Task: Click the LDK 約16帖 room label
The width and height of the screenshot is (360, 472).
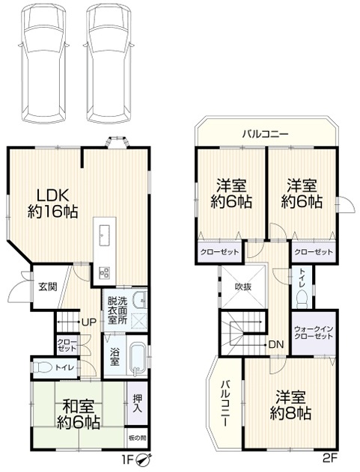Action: coord(52,203)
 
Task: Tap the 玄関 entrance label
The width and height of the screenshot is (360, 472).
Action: coord(48,286)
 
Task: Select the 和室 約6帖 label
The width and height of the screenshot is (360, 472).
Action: coord(79,414)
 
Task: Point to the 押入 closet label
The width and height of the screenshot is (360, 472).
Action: coord(138,404)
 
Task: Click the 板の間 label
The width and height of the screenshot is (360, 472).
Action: coord(137,438)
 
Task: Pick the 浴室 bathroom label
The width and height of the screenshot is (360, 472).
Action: coord(115,356)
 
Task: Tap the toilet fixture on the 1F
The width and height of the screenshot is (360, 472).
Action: coord(42,367)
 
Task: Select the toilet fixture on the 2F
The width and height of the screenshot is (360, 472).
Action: coord(302,300)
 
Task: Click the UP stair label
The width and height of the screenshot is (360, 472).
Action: coord(89,322)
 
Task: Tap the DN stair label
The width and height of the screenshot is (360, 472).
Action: coord(275,344)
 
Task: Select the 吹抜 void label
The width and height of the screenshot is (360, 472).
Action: coord(243,287)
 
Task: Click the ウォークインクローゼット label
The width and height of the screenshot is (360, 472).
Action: coord(314,332)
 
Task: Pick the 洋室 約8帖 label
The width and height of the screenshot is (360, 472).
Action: coord(290,405)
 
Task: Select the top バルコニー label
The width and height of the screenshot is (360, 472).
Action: coord(266,134)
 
